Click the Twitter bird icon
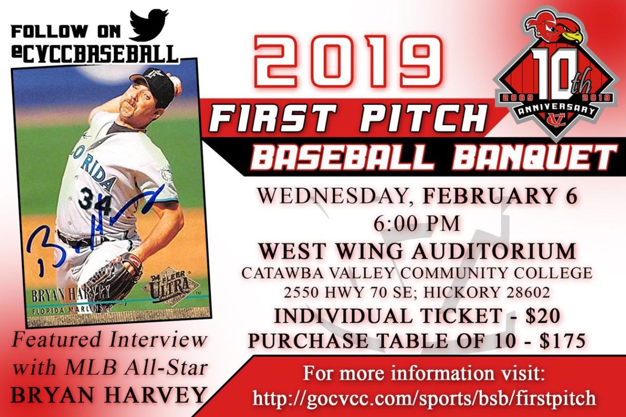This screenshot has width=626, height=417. [148, 25]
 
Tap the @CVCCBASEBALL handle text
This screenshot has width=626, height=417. [95, 52]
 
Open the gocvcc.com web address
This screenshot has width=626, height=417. [424, 398]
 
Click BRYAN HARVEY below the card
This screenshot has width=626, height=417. [108, 395]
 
